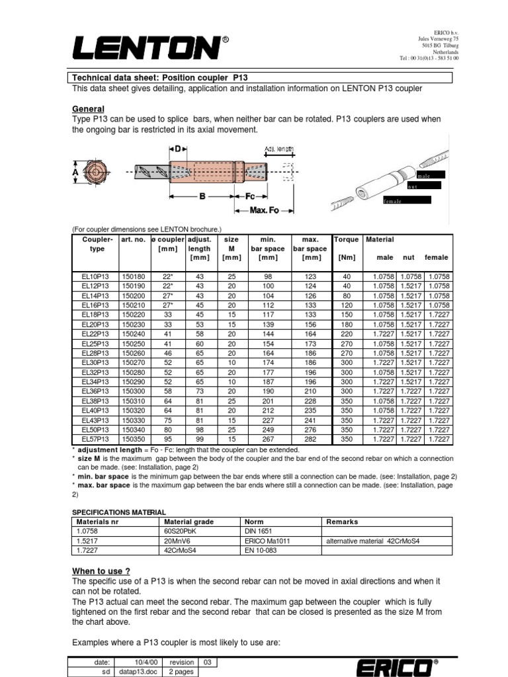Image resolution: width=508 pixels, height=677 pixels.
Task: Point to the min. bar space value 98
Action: (x=268, y=276)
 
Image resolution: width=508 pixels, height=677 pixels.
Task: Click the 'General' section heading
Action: (x=87, y=109)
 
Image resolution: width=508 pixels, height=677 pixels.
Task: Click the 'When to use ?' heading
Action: (x=101, y=571)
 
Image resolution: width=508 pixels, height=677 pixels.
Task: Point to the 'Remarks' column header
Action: (x=342, y=522)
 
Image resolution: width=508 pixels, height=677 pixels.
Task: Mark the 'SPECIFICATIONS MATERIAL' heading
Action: (x=118, y=512)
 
